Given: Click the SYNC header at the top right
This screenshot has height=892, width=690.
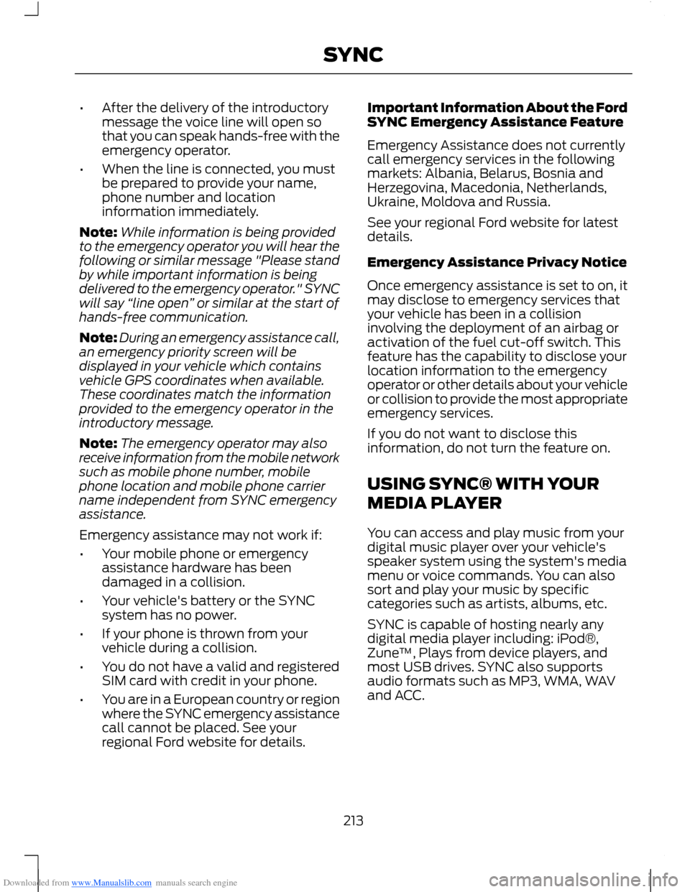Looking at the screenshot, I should click(353, 55).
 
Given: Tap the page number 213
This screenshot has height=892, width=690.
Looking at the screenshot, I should click(353, 820).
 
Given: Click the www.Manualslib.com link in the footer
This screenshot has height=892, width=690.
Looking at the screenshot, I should click(111, 883).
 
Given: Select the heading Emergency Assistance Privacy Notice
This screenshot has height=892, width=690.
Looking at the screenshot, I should click(497, 262).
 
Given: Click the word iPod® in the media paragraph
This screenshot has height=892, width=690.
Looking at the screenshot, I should click(577, 638).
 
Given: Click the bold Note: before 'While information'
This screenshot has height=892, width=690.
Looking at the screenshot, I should click(98, 232).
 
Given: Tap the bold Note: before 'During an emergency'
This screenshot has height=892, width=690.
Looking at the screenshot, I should click(98, 338).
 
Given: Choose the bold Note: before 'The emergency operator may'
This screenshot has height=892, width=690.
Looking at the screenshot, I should click(98, 444).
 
